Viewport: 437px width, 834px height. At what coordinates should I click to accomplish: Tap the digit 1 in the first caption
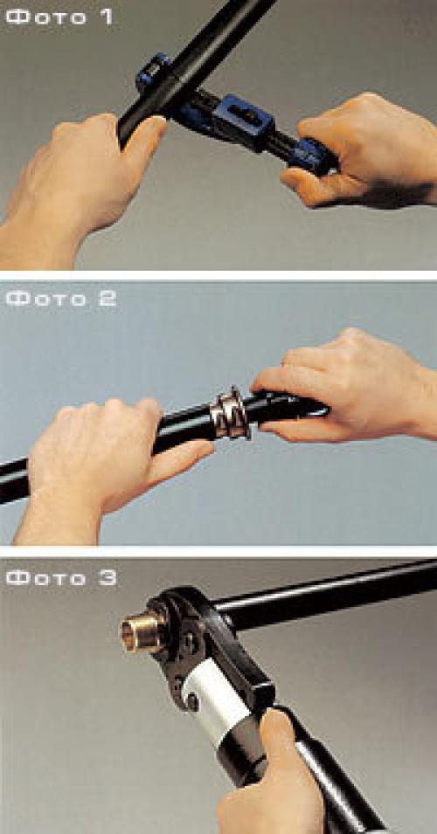pos(106,16)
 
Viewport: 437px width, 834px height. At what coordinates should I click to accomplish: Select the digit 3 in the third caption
pos(107,576)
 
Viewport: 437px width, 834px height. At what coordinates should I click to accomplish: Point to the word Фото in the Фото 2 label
pos(46,298)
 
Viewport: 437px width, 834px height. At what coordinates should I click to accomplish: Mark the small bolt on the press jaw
pos(192,701)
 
